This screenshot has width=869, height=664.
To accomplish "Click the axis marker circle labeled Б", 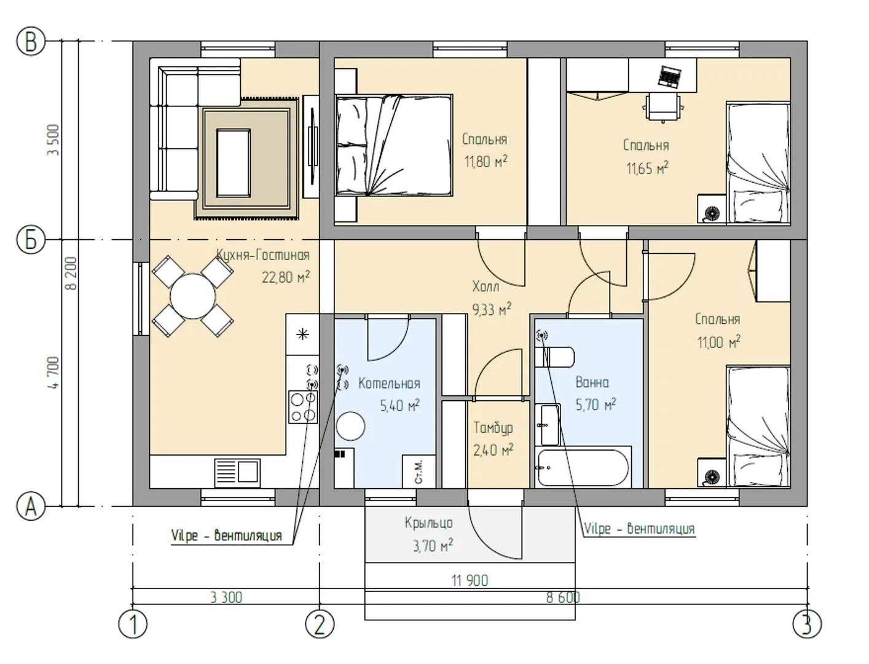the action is tap(31, 240).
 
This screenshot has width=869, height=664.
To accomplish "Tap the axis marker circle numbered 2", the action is tap(320, 624).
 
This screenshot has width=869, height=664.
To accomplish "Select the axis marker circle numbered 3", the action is tap(807, 624).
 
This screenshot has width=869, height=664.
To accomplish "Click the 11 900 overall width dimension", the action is tap(470, 581).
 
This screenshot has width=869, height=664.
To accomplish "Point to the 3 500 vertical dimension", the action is tap(53, 140).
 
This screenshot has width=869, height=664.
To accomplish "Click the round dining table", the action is tap(193, 296).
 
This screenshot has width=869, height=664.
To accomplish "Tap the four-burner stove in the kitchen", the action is tap(303, 407).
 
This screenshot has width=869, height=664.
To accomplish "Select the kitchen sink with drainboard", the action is tap(237, 473).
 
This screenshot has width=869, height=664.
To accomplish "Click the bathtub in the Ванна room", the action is tap(583, 467).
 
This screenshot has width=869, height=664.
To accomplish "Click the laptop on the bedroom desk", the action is tap(669, 76).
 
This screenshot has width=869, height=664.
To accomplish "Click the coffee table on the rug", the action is tap(233, 162).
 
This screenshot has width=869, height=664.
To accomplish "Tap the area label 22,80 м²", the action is tap(286, 277).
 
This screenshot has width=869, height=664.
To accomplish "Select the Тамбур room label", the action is tap(493, 428).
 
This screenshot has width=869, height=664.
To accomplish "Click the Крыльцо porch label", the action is tap(428, 523).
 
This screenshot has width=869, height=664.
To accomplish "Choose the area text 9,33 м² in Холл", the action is tap(492, 309).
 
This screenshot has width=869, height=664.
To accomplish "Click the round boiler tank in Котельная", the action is tap(350, 427).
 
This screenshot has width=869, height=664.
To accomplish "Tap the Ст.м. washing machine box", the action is tap(419, 471).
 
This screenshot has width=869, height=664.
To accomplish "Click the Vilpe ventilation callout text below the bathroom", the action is tap(639, 529).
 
